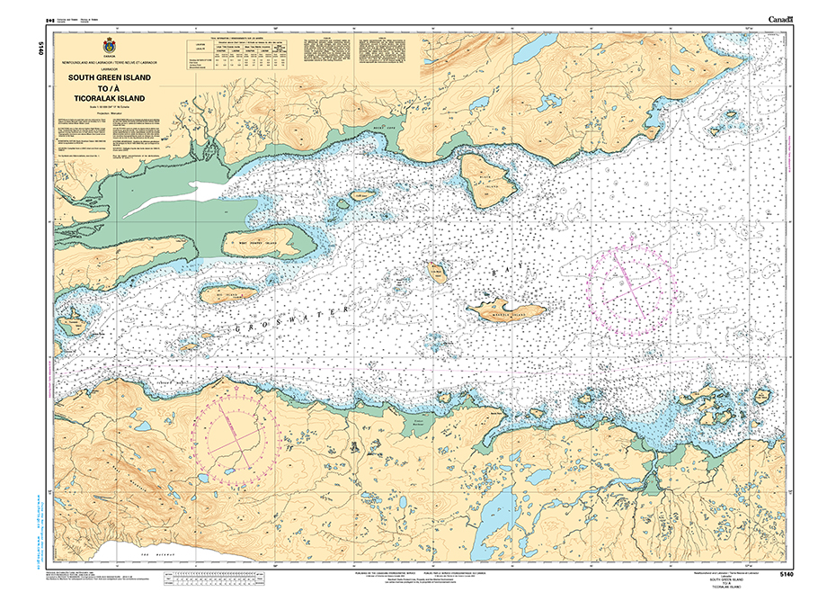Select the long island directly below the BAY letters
506,311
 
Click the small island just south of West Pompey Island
225,294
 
